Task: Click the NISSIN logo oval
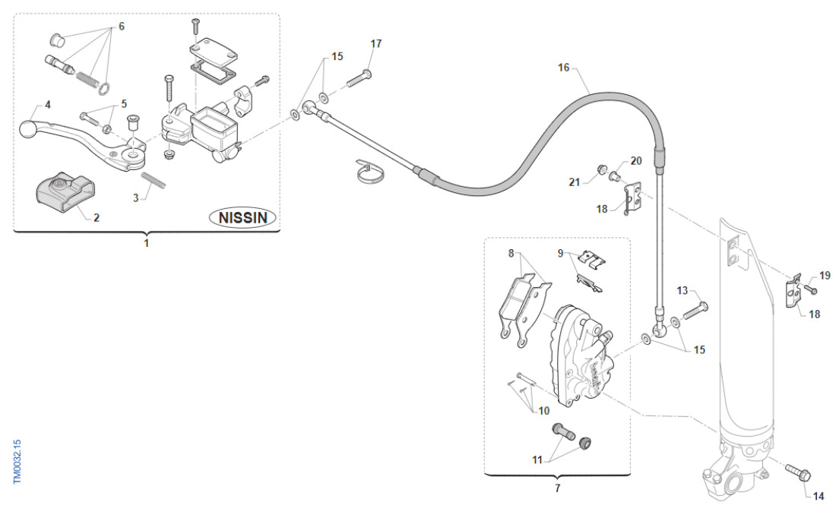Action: click(243, 218)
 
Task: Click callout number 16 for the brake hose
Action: click(563, 68)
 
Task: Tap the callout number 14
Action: click(819, 497)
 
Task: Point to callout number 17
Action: click(376, 43)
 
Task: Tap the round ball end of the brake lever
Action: click(28, 128)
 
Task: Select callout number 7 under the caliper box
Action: click(557, 488)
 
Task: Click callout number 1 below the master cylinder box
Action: click(147, 244)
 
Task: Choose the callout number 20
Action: click(636, 161)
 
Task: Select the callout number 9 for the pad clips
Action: click(562, 253)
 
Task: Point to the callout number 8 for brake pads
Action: click(511, 254)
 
